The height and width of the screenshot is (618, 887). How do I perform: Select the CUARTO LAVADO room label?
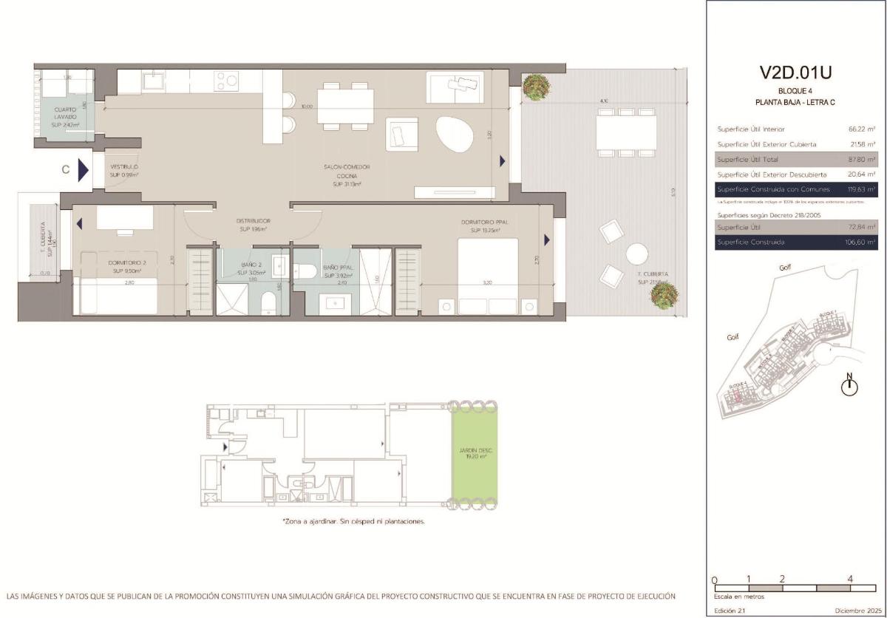(65, 116)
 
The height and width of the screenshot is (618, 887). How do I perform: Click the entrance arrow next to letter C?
(83, 170)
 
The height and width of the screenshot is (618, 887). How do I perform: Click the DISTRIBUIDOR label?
(253, 225)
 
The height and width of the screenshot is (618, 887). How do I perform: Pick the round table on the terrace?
(636, 254)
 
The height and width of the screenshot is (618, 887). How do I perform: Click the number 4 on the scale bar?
(851, 580)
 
